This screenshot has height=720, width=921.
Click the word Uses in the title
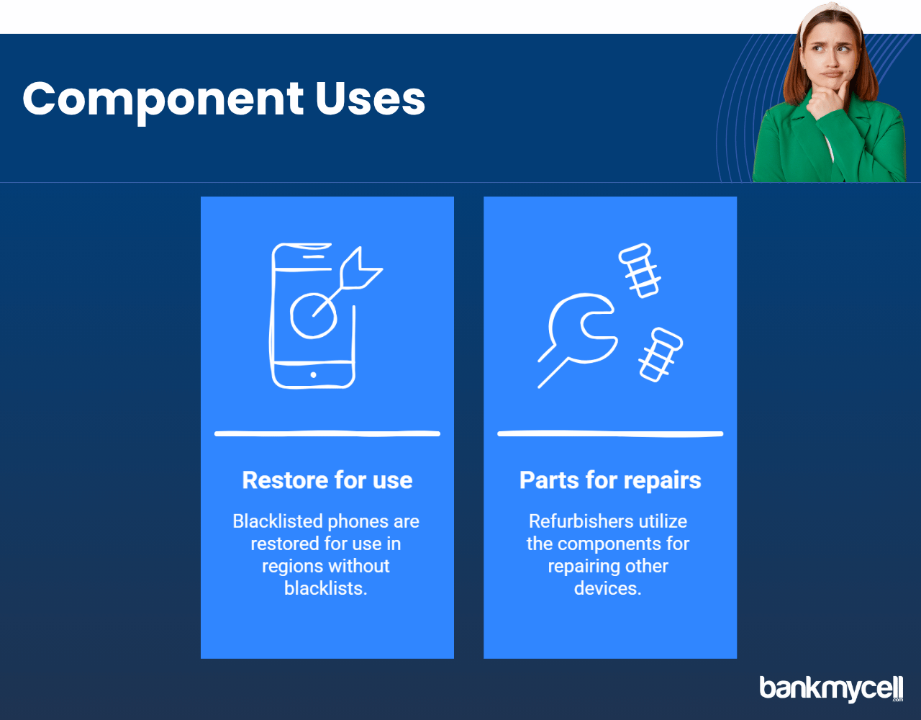[370, 99]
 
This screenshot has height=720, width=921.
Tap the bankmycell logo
[831, 688]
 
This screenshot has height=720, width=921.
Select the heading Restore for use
[327, 480]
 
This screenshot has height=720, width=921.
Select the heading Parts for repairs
[610, 481]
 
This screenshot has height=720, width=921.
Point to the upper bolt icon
[640, 271]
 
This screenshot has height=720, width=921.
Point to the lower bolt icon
[661, 354]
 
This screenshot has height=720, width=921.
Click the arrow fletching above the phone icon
[360, 269]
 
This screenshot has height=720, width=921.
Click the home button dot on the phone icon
[313, 375]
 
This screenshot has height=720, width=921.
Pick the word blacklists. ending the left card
[325, 588]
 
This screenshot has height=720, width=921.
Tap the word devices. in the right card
[608, 588]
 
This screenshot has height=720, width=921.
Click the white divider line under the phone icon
[327, 433]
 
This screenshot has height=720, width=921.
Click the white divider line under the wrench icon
[610, 433]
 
